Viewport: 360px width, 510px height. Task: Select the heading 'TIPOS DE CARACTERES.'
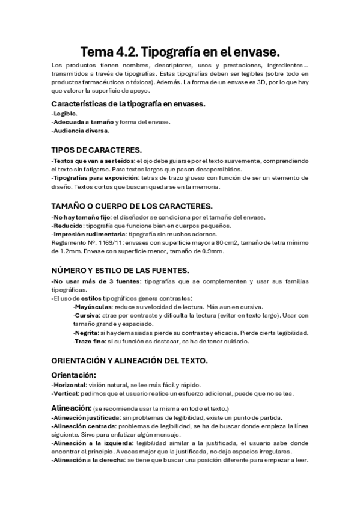coord(97,150)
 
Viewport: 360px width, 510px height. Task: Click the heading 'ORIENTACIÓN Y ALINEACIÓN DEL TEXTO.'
coord(130,360)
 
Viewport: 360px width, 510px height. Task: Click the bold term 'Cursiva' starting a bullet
coord(87,315)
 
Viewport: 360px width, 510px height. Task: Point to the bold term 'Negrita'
coord(87,333)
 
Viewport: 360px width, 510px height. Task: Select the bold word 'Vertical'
coord(66,394)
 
